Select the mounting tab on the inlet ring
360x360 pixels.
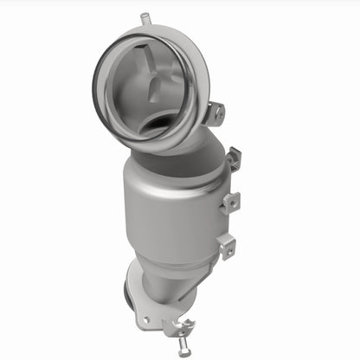(215, 112)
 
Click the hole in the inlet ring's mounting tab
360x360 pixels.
(217, 112)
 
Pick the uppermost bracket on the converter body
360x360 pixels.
(232, 159)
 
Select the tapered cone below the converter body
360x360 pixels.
(164, 277)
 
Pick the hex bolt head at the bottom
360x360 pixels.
(183, 351)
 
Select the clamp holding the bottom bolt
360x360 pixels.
(177, 327)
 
